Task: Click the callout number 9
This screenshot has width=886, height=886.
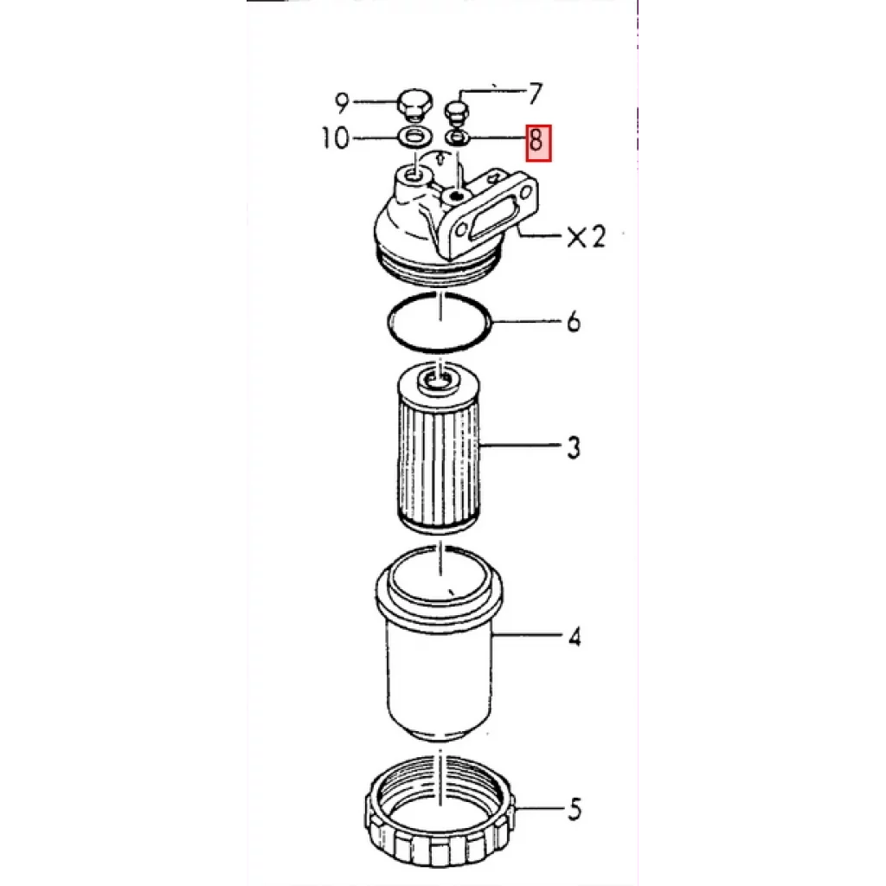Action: tap(342, 103)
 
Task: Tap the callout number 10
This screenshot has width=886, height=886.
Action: tap(335, 138)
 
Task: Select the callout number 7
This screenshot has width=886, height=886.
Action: tap(535, 93)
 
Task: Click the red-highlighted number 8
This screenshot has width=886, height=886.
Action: tap(538, 143)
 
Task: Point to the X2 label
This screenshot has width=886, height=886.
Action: tap(587, 236)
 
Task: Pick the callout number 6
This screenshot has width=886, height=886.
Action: tap(574, 322)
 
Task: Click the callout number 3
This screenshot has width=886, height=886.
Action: tap(574, 447)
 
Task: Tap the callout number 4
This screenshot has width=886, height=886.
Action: tap(575, 638)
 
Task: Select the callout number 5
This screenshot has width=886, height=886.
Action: tap(575, 809)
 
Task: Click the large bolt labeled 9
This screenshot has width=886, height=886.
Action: tap(414, 105)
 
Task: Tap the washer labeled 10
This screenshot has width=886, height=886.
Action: tap(414, 136)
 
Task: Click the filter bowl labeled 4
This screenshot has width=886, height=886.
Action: tap(439, 644)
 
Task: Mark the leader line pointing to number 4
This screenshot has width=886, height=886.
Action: tap(527, 636)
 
